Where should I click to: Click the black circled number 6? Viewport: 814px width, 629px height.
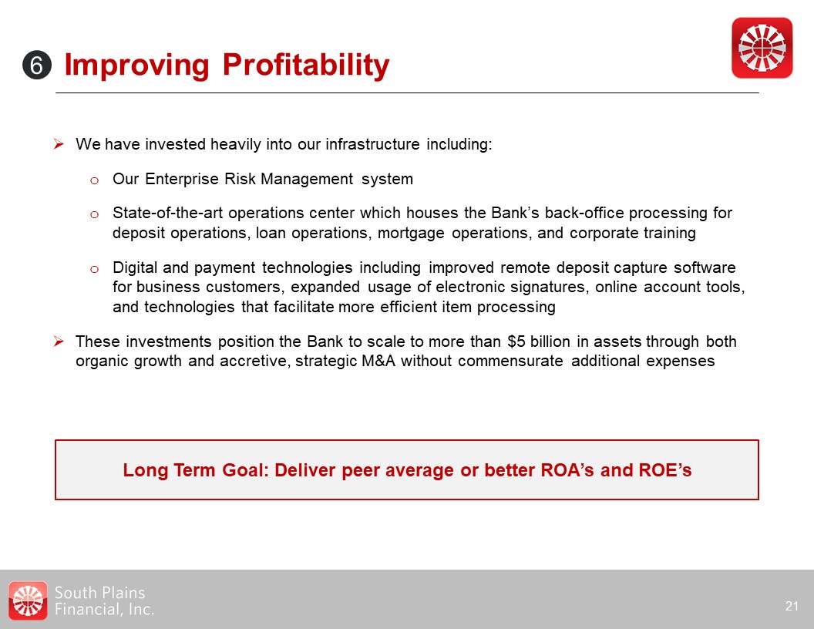click(x=37, y=66)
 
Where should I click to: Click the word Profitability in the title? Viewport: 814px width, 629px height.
click(x=306, y=66)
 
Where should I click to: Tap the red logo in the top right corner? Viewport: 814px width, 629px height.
click(x=762, y=48)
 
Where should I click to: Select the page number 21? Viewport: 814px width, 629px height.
click(x=792, y=606)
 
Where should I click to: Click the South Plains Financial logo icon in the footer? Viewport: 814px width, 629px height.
click(x=28, y=600)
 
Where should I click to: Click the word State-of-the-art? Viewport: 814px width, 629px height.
click(x=167, y=213)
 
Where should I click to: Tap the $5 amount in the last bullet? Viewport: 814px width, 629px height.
click(x=516, y=341)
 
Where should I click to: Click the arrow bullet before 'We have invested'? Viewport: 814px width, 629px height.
click(x=59, y=143)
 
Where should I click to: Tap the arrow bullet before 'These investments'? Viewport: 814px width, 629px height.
click(x=59, y=341)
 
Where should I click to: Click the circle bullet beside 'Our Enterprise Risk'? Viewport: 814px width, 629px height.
click(x=94, y=180)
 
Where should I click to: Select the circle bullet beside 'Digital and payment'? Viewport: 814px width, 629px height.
click(x=94, y=269)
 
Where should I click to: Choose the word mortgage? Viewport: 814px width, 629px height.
click(x=411, y=234)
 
